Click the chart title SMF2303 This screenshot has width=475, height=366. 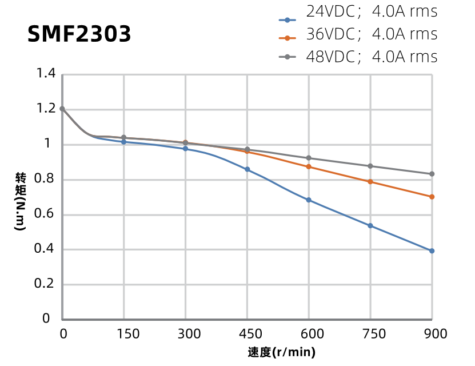[x=79, y=34]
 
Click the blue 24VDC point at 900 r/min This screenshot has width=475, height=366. [x=432, y=251]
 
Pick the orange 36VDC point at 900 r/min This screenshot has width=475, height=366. [x=432, y=197]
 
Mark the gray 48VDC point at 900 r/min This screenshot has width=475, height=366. [x=432, y=174]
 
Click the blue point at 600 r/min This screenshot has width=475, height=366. [x=309, y=200]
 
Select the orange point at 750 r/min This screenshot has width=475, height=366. [x=370, y=182]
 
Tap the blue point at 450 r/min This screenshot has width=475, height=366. [x=247, y=169]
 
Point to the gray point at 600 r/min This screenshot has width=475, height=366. [x=309, y=158]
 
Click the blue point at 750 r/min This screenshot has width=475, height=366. [x=370, y=226]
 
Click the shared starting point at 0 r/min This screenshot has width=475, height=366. [x=62, y=109]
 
